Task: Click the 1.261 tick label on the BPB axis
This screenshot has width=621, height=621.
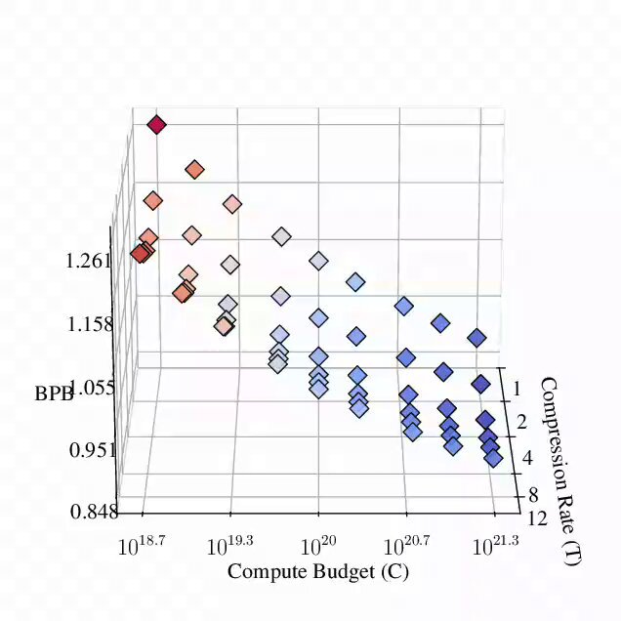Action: (88, 262)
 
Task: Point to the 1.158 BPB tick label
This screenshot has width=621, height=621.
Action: (90, 324)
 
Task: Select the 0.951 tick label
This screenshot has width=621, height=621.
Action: (93, 450)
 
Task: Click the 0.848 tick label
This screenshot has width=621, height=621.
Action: (95, 512)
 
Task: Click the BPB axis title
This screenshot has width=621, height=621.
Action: (54, 393)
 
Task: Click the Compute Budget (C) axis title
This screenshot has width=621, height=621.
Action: (318, 571)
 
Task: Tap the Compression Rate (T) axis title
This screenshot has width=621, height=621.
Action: (559, 471)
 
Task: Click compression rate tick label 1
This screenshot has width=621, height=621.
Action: (517, 390)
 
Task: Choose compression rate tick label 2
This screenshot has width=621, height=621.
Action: (521, 422)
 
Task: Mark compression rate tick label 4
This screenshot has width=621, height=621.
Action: (527, 458)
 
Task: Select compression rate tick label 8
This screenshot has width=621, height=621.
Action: (533, 494)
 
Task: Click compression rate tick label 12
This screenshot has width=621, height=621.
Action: (537, 518)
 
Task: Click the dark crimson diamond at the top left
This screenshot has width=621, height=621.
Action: (156, 125)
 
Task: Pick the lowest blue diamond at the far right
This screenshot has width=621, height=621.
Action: (493, 459)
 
